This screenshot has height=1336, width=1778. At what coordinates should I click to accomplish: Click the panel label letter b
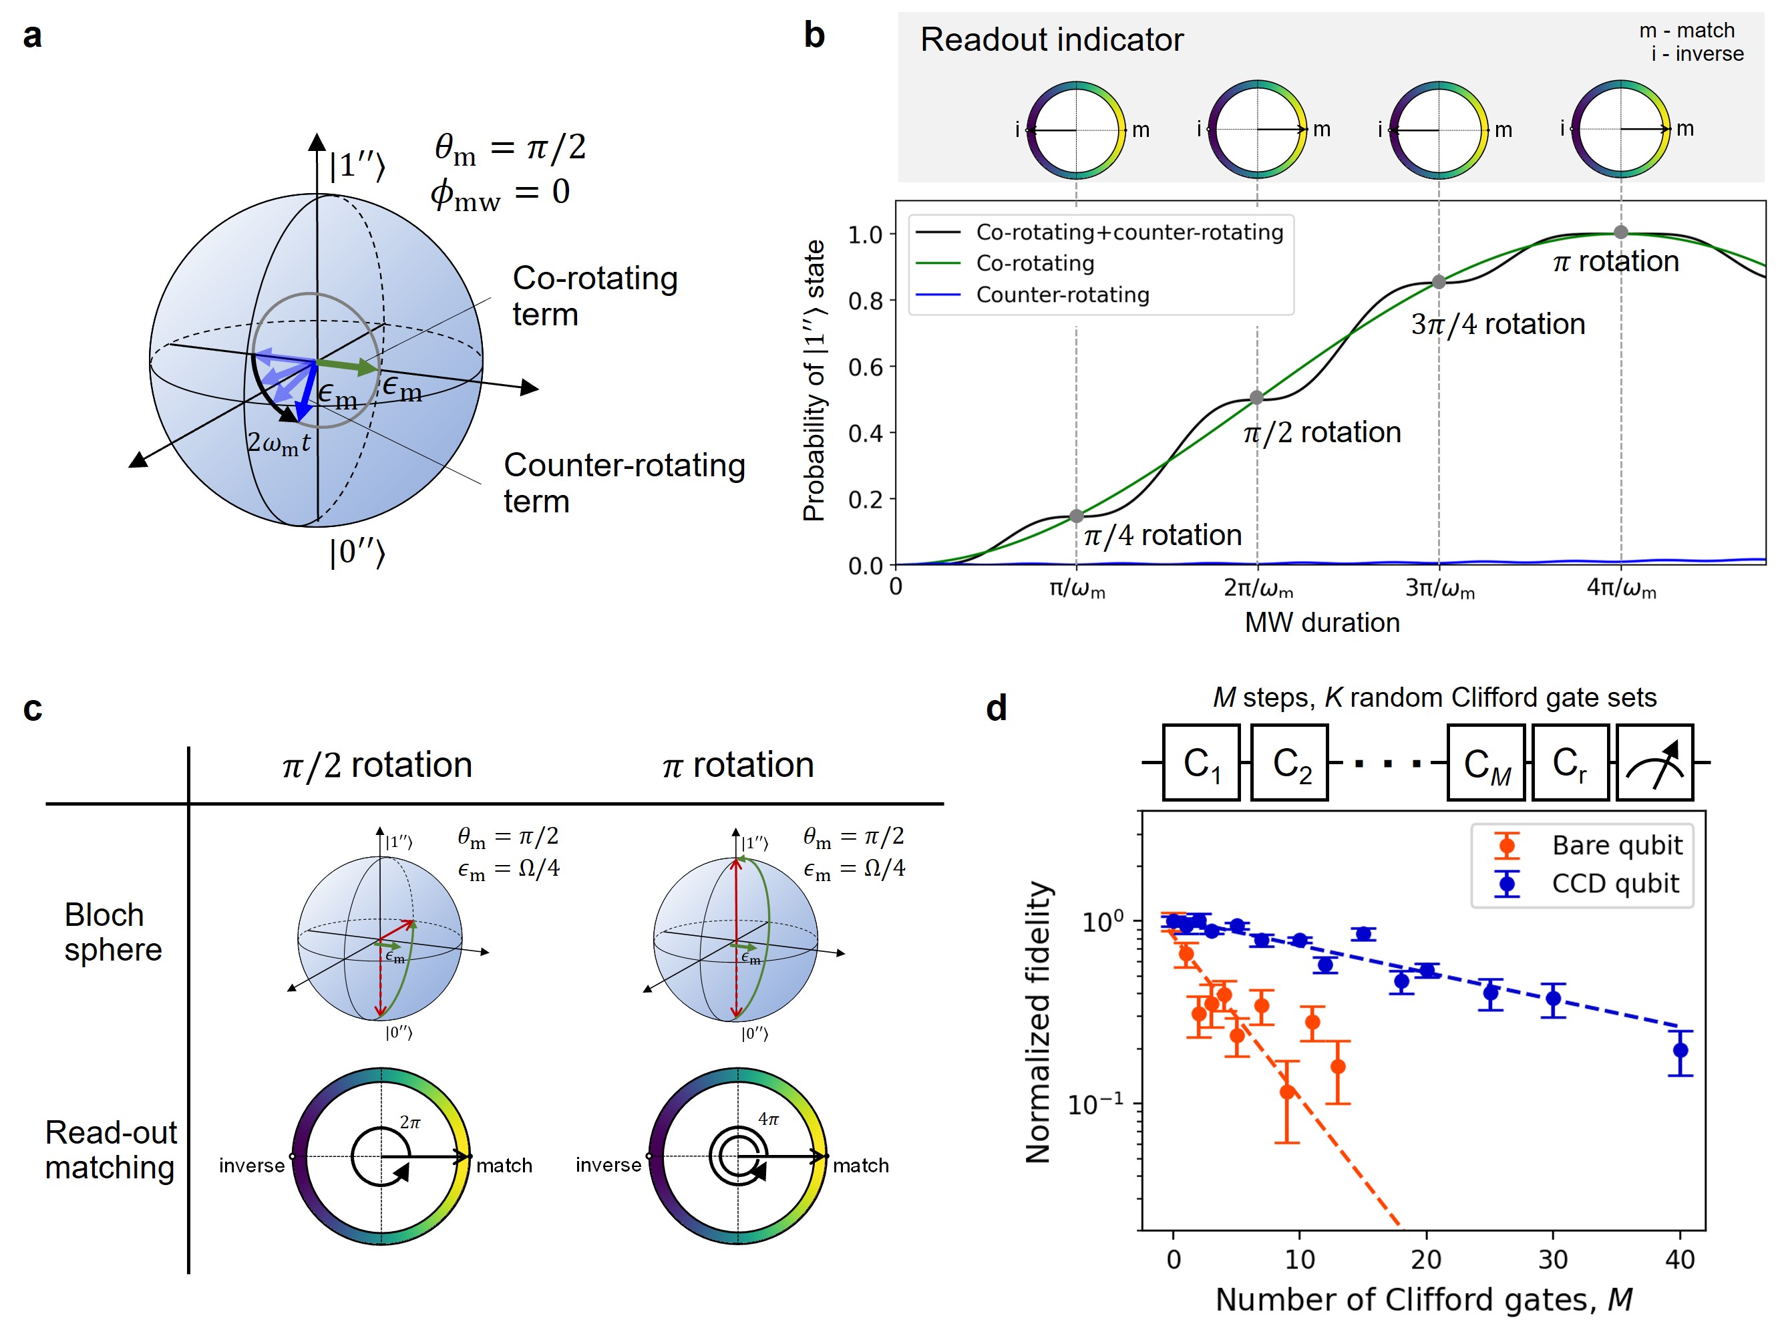point(814,35)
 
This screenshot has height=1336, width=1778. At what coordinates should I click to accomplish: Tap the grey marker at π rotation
point(1620,232)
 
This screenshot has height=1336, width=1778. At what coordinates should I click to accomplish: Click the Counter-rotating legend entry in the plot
point(1062,295)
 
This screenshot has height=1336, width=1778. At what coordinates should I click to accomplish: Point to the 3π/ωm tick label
point(1439,589)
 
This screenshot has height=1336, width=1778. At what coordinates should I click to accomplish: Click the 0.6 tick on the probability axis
point(865,367)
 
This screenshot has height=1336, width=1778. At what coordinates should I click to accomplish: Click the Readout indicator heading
point(1051,39)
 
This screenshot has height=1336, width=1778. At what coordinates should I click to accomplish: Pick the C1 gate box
point(1202,763)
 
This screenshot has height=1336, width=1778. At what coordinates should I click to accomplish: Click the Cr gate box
point(1570,763)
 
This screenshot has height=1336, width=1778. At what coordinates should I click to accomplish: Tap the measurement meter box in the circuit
point(1654,763)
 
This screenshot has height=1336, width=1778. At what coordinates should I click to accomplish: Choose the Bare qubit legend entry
point(1616,846)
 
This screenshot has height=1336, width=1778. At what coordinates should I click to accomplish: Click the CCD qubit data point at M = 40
point(1680,1050)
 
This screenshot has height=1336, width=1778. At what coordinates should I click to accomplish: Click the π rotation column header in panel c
point(738,764)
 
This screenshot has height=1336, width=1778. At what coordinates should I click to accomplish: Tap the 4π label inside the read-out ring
point(768,1120)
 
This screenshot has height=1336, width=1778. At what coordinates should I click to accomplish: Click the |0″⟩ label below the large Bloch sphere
point(357,552)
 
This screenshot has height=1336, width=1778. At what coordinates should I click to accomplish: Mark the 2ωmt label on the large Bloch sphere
point(278,443)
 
